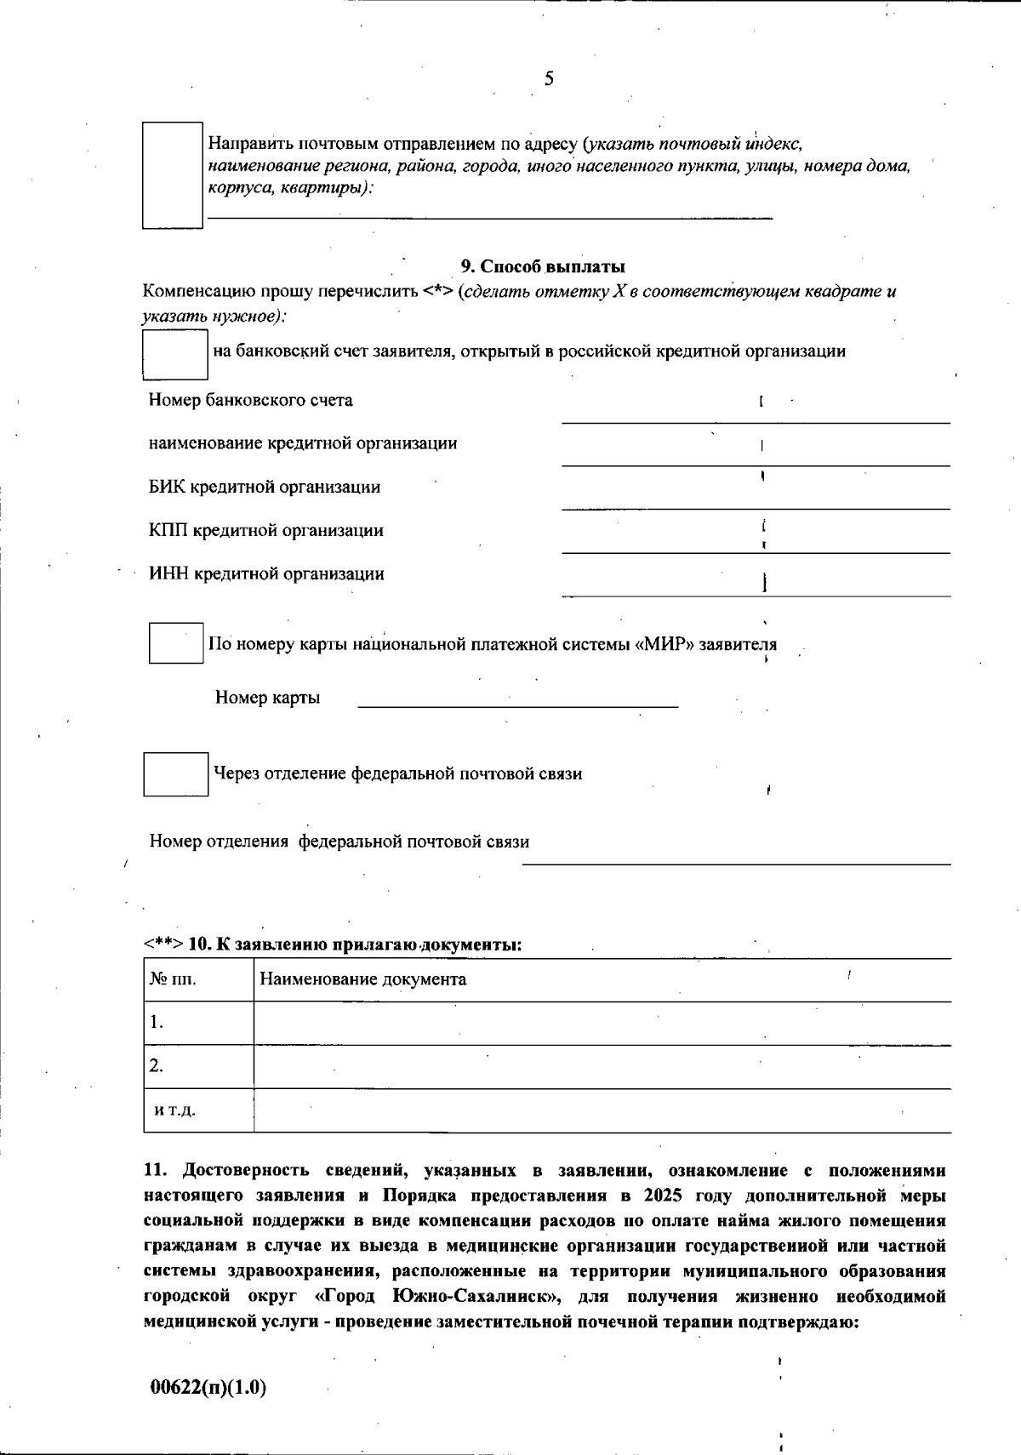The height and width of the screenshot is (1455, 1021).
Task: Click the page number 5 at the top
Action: tap(548, 79)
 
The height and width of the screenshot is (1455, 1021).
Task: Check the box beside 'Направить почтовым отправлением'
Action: tap(172, 174)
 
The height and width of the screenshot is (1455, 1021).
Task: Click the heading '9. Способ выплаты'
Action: tap(543, 266)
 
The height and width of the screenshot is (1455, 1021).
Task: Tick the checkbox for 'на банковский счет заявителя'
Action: tap(174, 355)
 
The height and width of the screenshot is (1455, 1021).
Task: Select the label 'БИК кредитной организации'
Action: tap(265, 488)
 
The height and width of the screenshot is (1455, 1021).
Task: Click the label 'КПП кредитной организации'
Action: tap(266, 531)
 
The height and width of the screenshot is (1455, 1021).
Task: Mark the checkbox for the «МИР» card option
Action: tap(175, 643)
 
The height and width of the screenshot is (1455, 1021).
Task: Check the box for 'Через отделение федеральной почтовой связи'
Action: tap(175, 774)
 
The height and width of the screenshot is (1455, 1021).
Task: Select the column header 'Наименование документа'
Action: tap(363, 979)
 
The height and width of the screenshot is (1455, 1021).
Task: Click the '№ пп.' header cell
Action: tap(174, 979)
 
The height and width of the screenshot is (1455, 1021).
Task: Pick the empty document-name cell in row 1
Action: tap(602, 1023)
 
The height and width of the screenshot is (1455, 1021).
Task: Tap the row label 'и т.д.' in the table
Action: tap(175, 1111)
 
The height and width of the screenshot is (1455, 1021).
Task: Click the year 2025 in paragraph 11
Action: tap(663, 1195)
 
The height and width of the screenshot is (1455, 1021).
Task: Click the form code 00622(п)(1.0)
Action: tap(208, 1388)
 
